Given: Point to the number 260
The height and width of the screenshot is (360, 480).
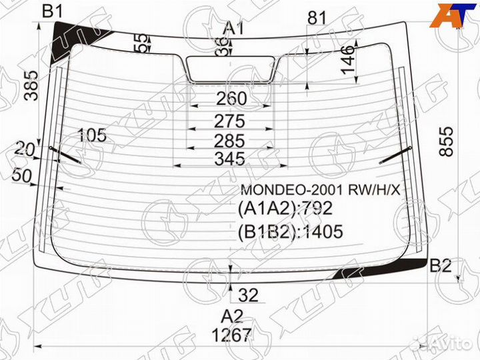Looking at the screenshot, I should pyautogui.click(x=231, y=99).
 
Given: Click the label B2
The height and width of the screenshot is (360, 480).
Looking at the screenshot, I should pyautogui.click(x=440, y=265).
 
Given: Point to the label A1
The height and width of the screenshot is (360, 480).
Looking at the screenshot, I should pyautogui.click(x=233, y=28).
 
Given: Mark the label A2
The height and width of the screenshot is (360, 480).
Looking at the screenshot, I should pyautogui.click(x=231, y=315).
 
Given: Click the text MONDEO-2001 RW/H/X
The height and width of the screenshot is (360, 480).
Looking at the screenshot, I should pyautogui.click(x=321, y=190).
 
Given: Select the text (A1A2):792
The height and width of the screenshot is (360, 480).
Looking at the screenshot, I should pyautogui.click(x=285, y=209).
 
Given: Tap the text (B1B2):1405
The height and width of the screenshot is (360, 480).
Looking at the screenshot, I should pyautogui.click(x=290, y=231).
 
